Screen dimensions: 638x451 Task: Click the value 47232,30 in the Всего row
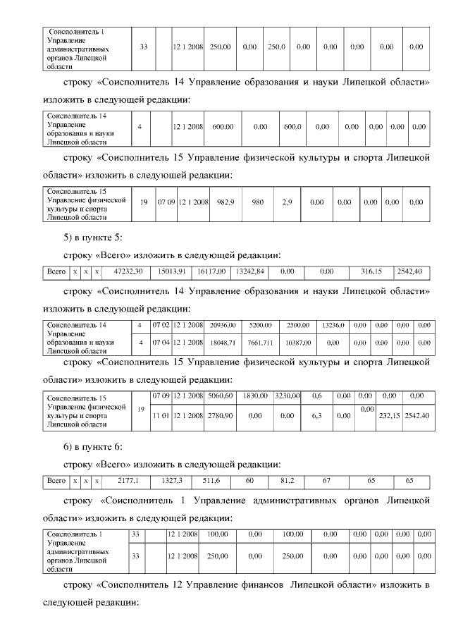pos(129,271)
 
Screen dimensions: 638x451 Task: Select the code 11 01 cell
pos(163,417)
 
